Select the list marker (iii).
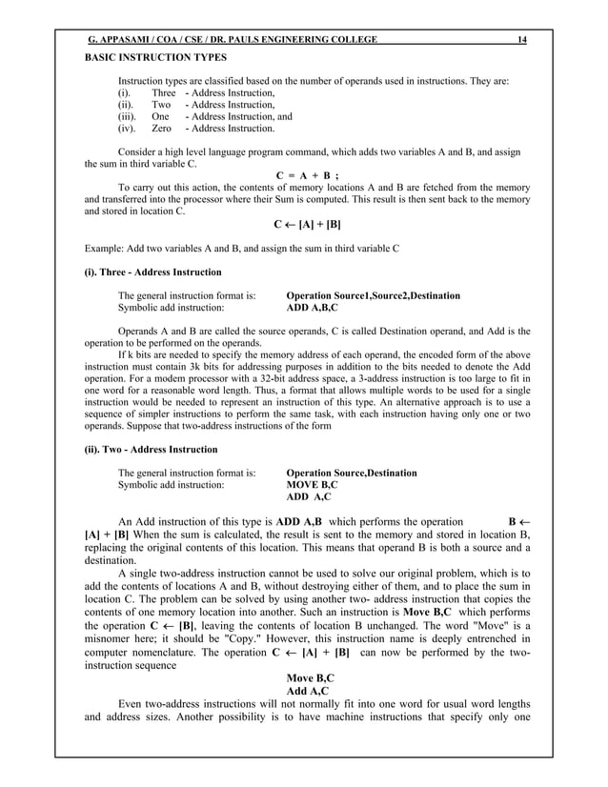click(x=128, y=113)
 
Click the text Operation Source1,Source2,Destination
click(x=374, y=296)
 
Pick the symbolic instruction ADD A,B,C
click(x=314, y=309)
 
